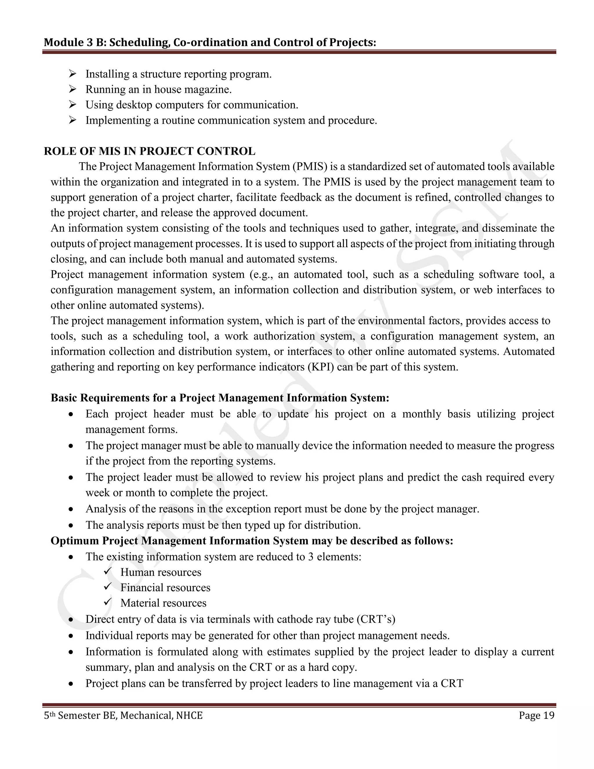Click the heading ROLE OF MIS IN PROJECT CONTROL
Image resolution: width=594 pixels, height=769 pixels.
(x=150, y=151)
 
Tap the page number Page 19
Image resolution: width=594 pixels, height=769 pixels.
(x=536, y=716)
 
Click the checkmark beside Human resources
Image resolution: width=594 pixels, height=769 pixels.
(x=108, y=571)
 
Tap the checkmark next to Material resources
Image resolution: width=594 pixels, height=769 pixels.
(x=108, y=602)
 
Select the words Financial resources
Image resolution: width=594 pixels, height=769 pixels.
(x=165, y=587)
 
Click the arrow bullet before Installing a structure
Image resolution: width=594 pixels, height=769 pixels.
(x=73, y=74)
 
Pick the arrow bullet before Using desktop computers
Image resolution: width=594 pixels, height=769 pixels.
(x=73, y=105)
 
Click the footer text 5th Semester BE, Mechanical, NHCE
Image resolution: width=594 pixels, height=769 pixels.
(x=123, y=716)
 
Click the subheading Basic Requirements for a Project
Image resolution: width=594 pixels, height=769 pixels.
(x=220, y=398)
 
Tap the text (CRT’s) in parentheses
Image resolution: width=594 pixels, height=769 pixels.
(x=376, y=619)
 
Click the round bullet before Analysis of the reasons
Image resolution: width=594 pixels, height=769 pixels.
(x=71, y=510)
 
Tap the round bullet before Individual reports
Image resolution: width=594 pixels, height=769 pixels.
(x=71, y=636)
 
